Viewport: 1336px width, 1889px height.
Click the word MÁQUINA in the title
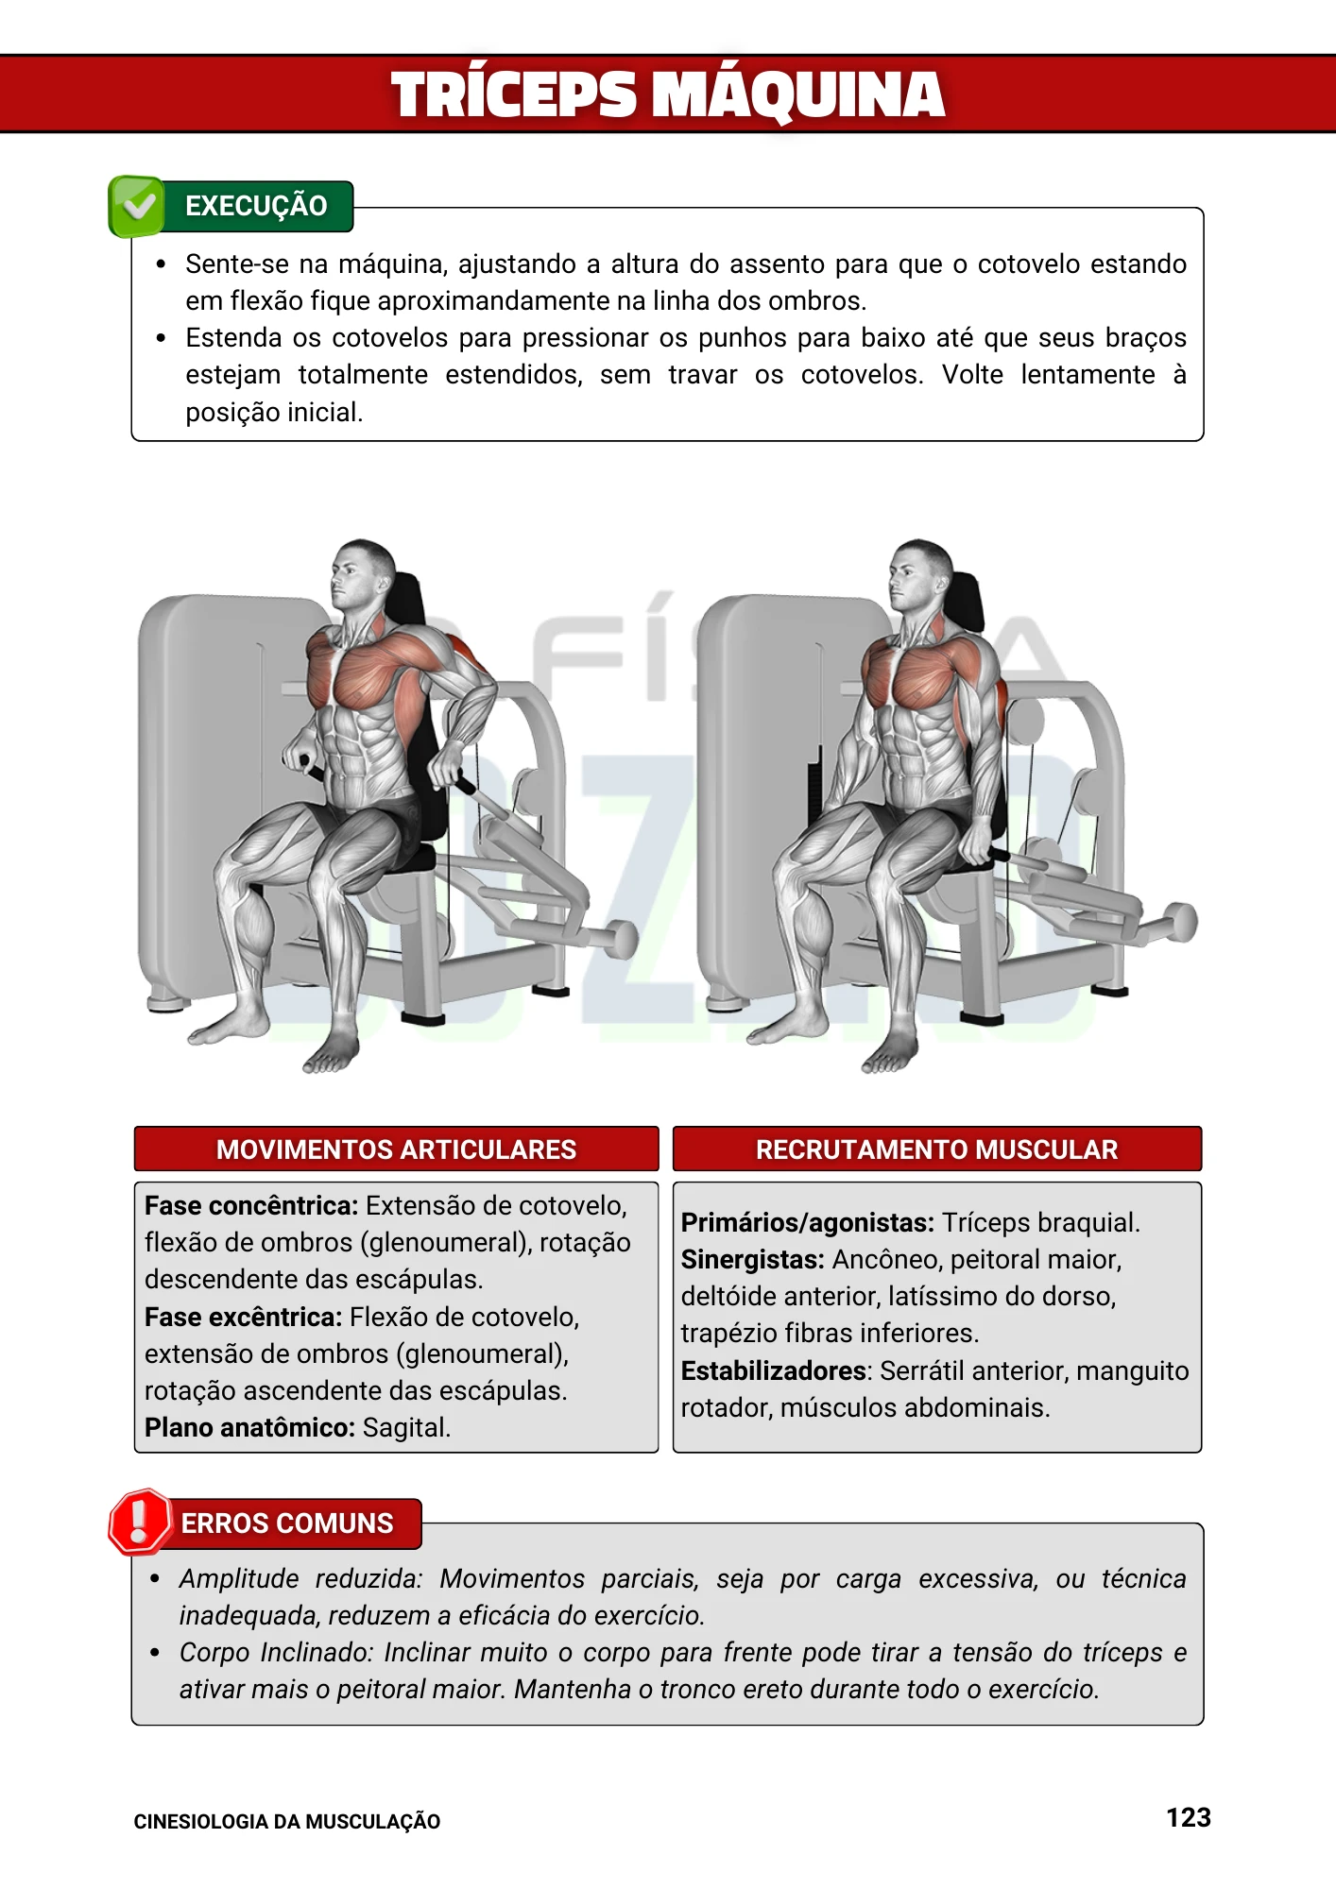click(x=798, y=95)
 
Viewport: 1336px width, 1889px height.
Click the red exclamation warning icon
click(x=139, y=1522)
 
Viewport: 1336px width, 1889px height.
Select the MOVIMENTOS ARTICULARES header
click(x=396, y=1149)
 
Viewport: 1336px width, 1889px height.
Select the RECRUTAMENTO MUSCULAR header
click(x=936, y=1149)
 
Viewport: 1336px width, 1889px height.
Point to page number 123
click(x=1188, y=1817)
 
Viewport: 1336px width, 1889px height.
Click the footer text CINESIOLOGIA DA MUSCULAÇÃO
click(x=286, y=1822)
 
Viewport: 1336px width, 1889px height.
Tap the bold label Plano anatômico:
click(x=249, y=1427)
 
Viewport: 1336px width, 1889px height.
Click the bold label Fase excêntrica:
click(x=243, y=1317)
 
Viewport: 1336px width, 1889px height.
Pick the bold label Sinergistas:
click(x=752, y=1259)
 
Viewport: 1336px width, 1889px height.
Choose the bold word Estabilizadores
click(x=774, y=1370)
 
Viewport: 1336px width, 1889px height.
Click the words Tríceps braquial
click(x=1040, y=1222)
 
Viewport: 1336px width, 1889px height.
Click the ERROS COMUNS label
click(x=286, y=1523)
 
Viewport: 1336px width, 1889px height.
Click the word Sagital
click(x=406, y=1427)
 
